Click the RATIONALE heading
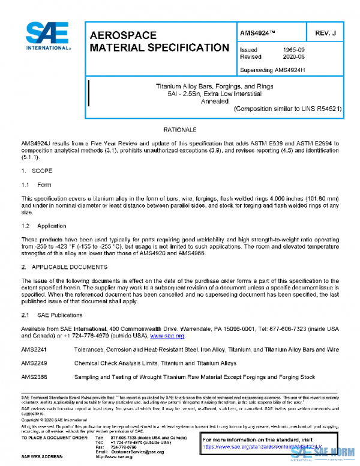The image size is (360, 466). click(179, 130)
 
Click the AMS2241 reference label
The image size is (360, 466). click(34, 349)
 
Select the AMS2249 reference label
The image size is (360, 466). click(34, 363)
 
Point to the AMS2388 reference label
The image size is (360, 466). click(34, 378)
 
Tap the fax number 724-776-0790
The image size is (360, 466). click(124, 446)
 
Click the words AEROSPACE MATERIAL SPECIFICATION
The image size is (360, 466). click(158, 41)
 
